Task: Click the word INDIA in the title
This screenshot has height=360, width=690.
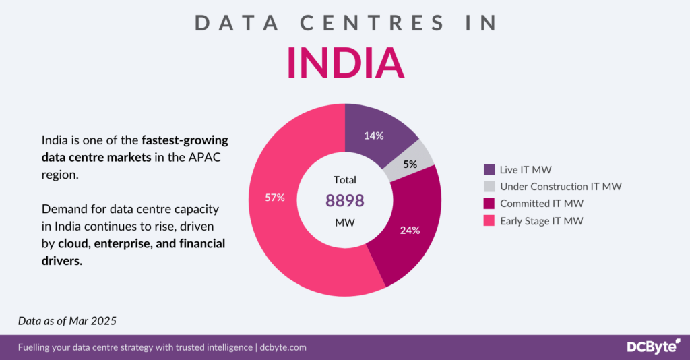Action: coord(345,63)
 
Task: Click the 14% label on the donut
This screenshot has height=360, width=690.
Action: coord(374,136)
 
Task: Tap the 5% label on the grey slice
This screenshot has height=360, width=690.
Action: coord(410,164)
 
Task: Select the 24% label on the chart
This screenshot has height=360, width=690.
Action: coord(410,230)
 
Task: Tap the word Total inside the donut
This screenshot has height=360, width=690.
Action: coord(345,180)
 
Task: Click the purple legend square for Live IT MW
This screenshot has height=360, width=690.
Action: coord(489,169)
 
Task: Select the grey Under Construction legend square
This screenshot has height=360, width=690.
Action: coord(489,186)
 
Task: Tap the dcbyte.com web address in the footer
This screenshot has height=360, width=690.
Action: coord(283,348)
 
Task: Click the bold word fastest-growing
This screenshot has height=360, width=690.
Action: coord(185,141)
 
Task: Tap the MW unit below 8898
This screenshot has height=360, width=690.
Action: coord(344,222)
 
